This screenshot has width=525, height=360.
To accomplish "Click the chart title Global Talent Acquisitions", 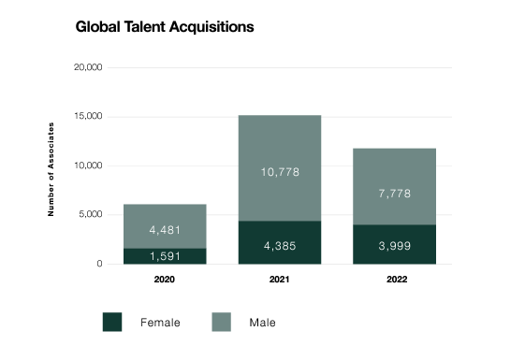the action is point(165,27).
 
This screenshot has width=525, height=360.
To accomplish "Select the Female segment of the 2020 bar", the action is point(165,256).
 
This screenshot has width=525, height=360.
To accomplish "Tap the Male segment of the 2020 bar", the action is point(165,226).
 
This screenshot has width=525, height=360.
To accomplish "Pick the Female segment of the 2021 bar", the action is point(280,242).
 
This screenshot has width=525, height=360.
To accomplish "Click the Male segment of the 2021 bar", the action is point(280,168).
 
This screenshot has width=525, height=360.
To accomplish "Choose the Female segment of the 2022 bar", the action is point(394,245).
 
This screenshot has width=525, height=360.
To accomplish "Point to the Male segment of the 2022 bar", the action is point(394,186).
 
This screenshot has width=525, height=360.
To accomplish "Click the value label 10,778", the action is point(280,172).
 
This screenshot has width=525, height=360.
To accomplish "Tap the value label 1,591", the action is point(165,256).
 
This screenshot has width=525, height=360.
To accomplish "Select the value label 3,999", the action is point(394,246).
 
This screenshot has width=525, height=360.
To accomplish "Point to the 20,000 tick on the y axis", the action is point(88,67).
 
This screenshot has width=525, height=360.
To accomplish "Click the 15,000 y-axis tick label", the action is point(88,116).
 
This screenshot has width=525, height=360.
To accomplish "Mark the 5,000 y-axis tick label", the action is point(91,214).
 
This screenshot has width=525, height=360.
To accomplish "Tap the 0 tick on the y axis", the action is point(99,264).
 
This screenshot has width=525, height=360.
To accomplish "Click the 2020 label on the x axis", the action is point(165,280).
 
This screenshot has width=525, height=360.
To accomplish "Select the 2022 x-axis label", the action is point(397,280).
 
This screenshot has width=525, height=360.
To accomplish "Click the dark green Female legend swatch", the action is point(112,323).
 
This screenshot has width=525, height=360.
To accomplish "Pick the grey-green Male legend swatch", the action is point(221,323).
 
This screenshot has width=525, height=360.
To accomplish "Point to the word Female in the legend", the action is point(160,323).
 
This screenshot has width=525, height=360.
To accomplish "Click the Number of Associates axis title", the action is point(51,169).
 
